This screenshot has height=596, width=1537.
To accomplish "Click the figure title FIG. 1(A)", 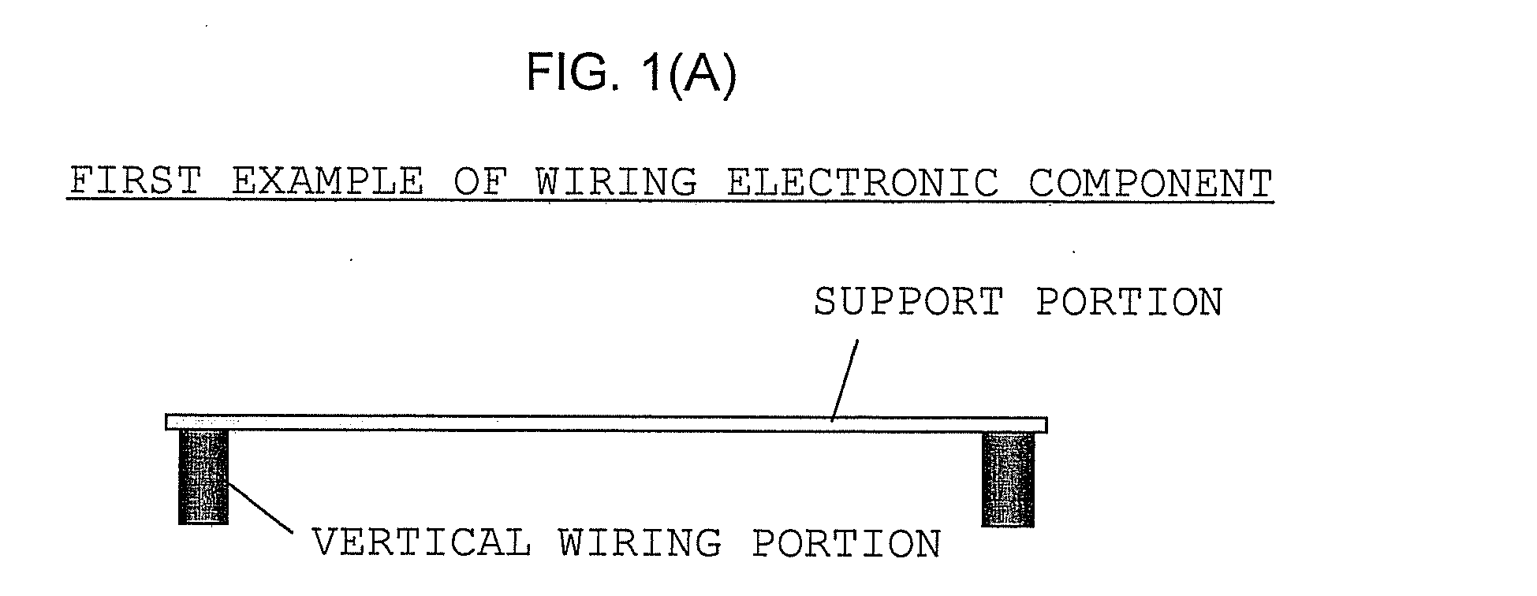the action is (x=632, y=75).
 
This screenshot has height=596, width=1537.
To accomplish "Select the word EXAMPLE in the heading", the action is (x=328, y=182).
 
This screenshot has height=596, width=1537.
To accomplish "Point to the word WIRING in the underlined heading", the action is (x=617, y=182).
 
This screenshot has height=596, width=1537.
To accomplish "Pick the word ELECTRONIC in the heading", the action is (x=863, y=182).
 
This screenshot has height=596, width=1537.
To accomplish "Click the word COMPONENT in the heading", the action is (x=1151, y=182).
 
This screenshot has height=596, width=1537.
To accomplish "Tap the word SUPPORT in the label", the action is (x=908, y=302).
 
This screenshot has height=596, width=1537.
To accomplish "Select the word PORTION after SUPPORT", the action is (x=1129, y=302).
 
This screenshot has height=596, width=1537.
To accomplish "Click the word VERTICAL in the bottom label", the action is (x=421, y=543).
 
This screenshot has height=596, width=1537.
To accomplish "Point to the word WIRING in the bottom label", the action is (x=640, y=543).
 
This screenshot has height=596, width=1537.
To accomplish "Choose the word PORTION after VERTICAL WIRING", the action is (x=847, y=543).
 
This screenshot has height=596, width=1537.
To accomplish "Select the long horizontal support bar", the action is (x=606, y=423).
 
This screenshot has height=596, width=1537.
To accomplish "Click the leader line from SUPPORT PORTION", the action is (x=845, y=380).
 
